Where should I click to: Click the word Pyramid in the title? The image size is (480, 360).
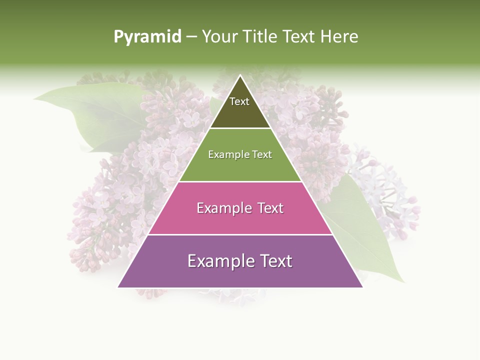coord(147,37)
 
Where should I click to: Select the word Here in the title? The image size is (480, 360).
coord(339,37)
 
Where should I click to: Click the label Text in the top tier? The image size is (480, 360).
coord(239,101)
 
